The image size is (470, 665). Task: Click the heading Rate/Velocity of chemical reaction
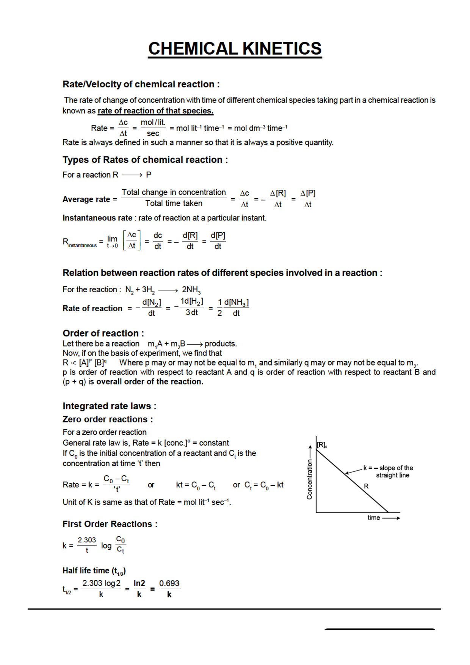point(141,84)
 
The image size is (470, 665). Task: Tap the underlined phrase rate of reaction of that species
point(155,111)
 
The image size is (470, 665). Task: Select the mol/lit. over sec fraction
point(153,128)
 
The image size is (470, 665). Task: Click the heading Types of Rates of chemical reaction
point(145,160)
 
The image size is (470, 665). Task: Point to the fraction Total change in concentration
point(174,198)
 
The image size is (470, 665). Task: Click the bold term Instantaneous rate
point(97,218)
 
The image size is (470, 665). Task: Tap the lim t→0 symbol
point(112,241)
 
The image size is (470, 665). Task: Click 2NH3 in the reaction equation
point(191,290)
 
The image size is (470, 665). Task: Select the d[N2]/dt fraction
point(151,307)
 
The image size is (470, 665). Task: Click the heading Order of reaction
point(103,333)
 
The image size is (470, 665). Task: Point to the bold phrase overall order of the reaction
point(150,382)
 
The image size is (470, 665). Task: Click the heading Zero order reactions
point(107,419)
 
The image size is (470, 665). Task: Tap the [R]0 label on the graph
point(322,445)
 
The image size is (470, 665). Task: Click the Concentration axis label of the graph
point(310,479)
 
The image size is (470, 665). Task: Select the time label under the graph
point(374,518)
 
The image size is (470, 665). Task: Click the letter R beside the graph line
point(366,486)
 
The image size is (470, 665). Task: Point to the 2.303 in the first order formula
point(87,540)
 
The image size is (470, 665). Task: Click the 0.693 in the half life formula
point(169,583)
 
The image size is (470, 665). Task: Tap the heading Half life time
point(94,571)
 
